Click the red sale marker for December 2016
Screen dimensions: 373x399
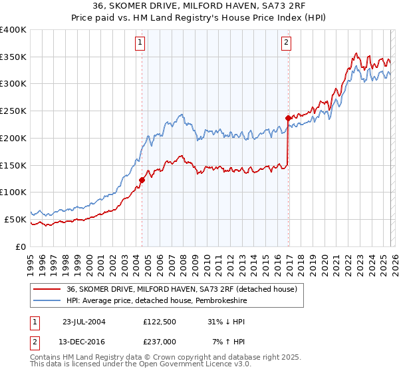tap(288, 118)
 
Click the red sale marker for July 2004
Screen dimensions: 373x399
tap(142, 179)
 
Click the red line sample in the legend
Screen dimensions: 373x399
tap(47, 289)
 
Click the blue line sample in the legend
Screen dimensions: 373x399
tap(47, 300)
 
